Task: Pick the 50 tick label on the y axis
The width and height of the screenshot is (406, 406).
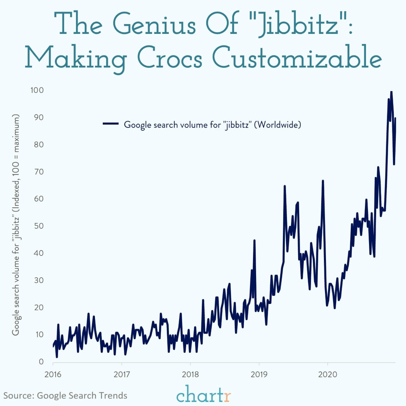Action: [38, 226]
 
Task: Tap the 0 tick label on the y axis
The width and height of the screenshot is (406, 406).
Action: [41, 362]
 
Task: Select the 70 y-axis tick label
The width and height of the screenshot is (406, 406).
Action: [38, 172]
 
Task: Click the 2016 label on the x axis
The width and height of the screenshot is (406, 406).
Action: [53, 374]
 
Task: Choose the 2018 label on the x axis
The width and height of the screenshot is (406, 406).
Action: [190, 374]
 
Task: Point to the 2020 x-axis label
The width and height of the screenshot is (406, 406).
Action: [328, 374]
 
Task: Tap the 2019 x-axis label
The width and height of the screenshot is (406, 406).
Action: [259, 374]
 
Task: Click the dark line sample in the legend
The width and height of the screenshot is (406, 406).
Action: [111, 124]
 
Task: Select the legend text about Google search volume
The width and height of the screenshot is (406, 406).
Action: [212, 124]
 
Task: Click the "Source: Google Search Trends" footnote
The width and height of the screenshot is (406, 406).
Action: [65, 395]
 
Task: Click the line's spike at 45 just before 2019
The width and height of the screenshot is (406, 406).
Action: [254, 240]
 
